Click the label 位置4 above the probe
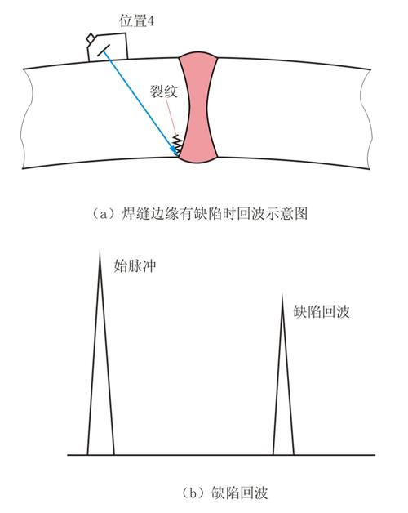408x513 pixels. [136, 21]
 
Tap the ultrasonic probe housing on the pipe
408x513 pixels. [107, 47]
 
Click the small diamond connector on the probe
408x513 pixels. [91, 38]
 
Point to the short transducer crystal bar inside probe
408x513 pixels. [103, 51]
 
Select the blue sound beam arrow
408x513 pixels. [141, 103]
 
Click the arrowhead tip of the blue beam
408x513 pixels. [179, 155]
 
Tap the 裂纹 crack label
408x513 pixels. [164, 91]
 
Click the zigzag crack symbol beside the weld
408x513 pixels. [177, 145]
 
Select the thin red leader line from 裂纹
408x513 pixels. [171, 117]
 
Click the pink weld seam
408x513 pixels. [198, 107]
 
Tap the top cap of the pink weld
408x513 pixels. [197, 54]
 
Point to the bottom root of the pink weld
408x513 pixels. [198, 160]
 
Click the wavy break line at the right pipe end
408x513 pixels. [366, 119]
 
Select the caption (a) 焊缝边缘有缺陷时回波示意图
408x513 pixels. [200, 214]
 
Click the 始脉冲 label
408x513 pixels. [135, 265]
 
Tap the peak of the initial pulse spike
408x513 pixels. [100, 251]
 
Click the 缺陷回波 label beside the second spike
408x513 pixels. [322, 311]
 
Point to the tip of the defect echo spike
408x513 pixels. [282, 295]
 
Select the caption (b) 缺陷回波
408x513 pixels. [224, 493]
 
